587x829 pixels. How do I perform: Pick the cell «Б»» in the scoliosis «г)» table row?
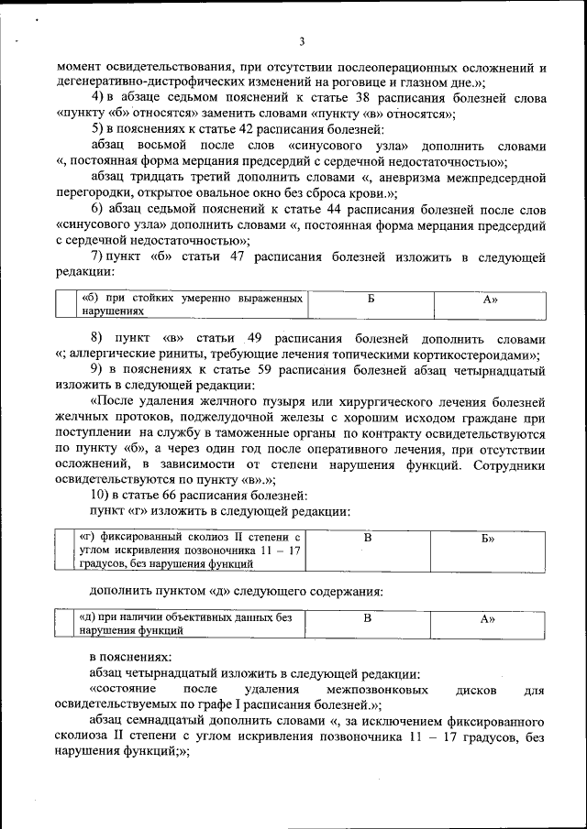488,538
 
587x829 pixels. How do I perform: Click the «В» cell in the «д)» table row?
367,618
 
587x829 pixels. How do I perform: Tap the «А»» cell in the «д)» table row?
488,618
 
